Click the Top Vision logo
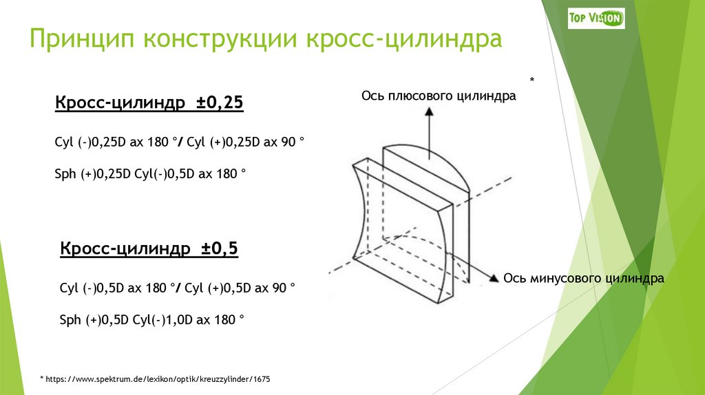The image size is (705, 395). (x=596, y=18)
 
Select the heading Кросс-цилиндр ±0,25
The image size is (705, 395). (x=149, y=103)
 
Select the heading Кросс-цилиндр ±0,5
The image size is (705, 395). (x=149, y=248)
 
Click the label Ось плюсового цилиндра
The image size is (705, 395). (x=439, y=97)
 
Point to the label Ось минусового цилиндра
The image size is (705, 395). (x=583, y=279)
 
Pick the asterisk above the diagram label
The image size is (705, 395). (x=532, y=81)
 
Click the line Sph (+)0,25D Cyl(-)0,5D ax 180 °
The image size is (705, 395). (x=150, y=175)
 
